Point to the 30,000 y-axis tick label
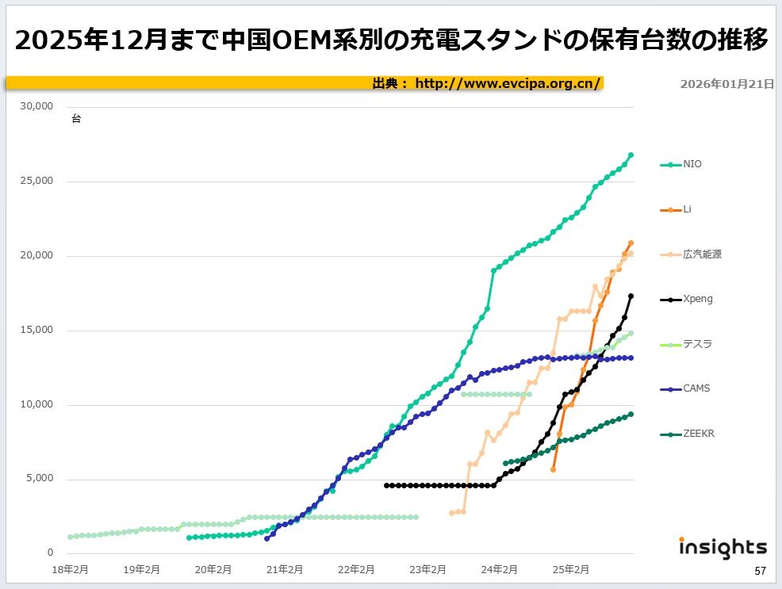pyautogui.click(x=37, y=106)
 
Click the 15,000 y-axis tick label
pyautogui.click(x=37, y=330)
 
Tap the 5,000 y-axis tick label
pyautogui.click(x=40, y=479)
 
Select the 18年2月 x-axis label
pyautogui.click(x=70, y=568)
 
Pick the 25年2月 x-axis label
pyautogui.click(x=570, y=568)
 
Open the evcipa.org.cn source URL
pyautogui.click(x=508, y=83)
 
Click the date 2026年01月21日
pyautogui.click(x=726, y=83)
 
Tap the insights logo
pyautogui.click(x=723, y=547)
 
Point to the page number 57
pyautogui.click(x=760, y=571)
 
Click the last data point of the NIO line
pyautogui.click(x=631, y=155)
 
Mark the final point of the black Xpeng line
pyautogui.click(x=631, y=296)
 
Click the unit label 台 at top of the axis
pyautogui.click(x=76, y=119)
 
